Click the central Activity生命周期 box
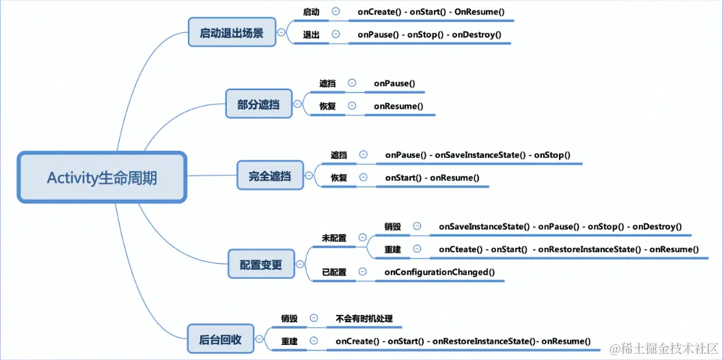point(102,178)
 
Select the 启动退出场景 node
point(232,32)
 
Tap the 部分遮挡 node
point(259,104)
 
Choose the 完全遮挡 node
point(270,175)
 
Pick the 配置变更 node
point(261,264)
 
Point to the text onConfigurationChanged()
point(439,272)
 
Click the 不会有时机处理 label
point(364,318)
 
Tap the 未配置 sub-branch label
point(334,238)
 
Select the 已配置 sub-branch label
point(334,272)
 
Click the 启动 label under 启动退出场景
point(311,11)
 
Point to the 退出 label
point(311,34)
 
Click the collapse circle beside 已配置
point(363,271)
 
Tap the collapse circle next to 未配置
point(363,238)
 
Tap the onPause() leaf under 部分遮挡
point(395,83)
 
